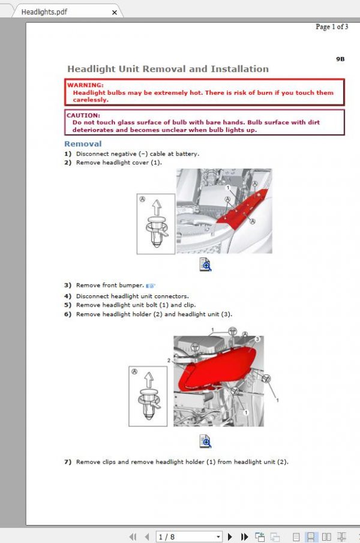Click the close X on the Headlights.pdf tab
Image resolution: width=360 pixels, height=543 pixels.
pos(115,11)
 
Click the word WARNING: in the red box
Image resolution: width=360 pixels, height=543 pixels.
pos(85,85)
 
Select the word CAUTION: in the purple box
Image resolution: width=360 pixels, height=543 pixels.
pos(83,115)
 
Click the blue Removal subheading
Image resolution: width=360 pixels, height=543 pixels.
pos(83,144)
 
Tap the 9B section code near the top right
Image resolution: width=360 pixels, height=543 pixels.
pos(340,59)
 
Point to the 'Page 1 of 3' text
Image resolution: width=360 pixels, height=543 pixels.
pos(331,26)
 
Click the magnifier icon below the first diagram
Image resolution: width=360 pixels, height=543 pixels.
pos(205,265)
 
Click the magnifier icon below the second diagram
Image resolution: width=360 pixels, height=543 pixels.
pos(205,442)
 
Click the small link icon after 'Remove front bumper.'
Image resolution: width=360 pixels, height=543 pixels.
pos(151,286)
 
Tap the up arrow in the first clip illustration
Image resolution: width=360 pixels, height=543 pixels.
pos(155,208)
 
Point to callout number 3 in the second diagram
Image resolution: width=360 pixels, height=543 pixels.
pos(257,339)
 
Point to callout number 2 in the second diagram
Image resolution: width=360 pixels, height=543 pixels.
pos(169,361)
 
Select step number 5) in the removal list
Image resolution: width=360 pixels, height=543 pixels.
pos(68,305)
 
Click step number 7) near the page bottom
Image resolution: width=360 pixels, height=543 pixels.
pos(68,462)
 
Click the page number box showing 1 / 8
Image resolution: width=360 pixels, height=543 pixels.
pos(188,536)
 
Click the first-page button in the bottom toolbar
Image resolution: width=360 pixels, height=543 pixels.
pos(134,536)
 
